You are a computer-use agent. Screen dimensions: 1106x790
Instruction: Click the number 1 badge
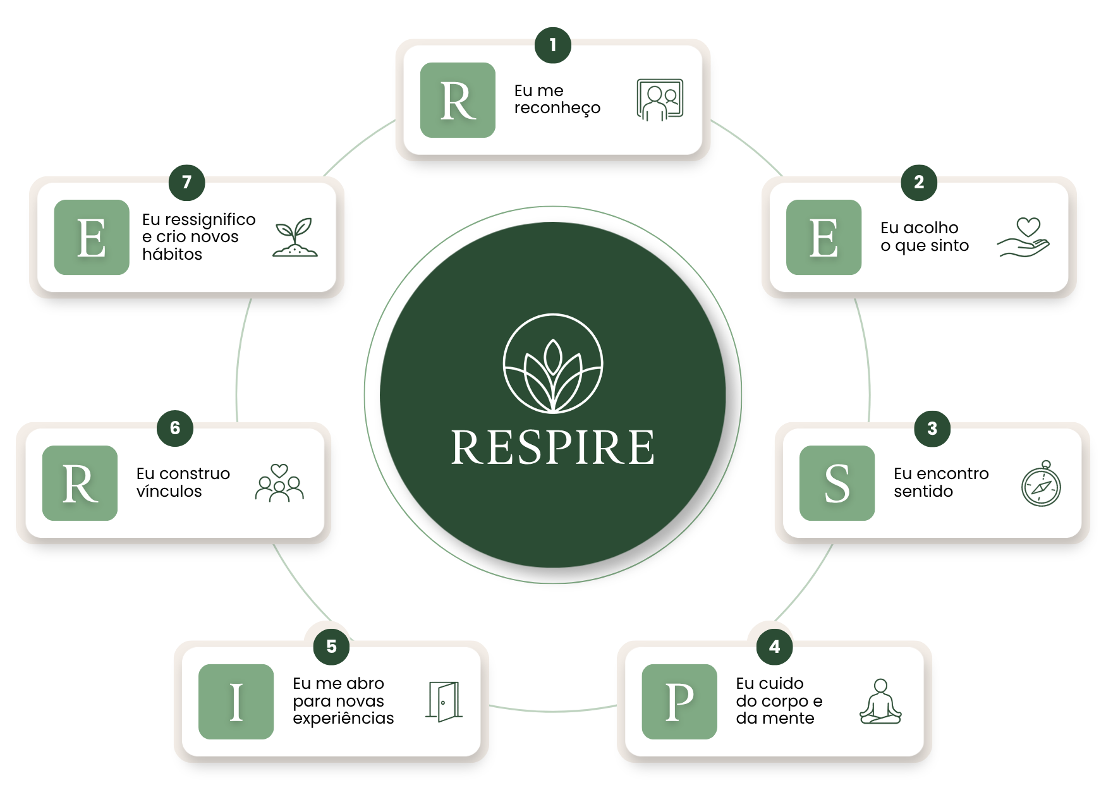[x=553, y=46]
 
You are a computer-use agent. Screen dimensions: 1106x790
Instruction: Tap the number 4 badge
[x=774, y=647]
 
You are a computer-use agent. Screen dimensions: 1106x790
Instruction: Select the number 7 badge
[x=186, y=183]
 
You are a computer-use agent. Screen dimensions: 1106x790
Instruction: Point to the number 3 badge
[x=932, y=428]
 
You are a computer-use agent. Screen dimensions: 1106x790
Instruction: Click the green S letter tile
[x=837, y=483]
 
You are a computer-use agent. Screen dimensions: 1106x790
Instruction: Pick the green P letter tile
[x=679, y=702]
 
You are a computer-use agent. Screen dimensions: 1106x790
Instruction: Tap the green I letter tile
[x=236, y=702]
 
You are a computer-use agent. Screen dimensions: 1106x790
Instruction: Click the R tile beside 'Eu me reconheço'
[x=458, y=100]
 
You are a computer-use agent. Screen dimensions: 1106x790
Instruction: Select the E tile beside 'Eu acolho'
[x=823, y=237]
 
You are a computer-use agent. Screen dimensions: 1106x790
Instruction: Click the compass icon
[x=1041, y=483]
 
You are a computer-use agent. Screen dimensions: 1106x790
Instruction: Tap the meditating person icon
[x=880, y=702]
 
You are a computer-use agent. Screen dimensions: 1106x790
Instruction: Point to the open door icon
[x=444, y=702]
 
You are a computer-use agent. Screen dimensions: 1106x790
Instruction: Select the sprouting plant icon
[x=295, y=237]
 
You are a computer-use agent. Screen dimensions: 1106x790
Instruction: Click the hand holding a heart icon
[x=1023, y=237]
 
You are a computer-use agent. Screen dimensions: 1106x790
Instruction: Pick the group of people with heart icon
[x=279, y=483]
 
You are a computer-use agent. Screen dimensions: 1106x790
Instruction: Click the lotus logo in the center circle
[x=553, y=363]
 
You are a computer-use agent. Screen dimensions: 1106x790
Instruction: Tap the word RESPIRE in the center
[x=553, y=447]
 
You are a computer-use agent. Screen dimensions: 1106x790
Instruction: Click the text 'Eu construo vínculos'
[x=183, y=482]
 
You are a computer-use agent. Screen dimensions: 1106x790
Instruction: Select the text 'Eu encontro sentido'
[x=941, y=482]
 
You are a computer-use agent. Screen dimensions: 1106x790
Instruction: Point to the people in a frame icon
[x=660, y=100]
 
